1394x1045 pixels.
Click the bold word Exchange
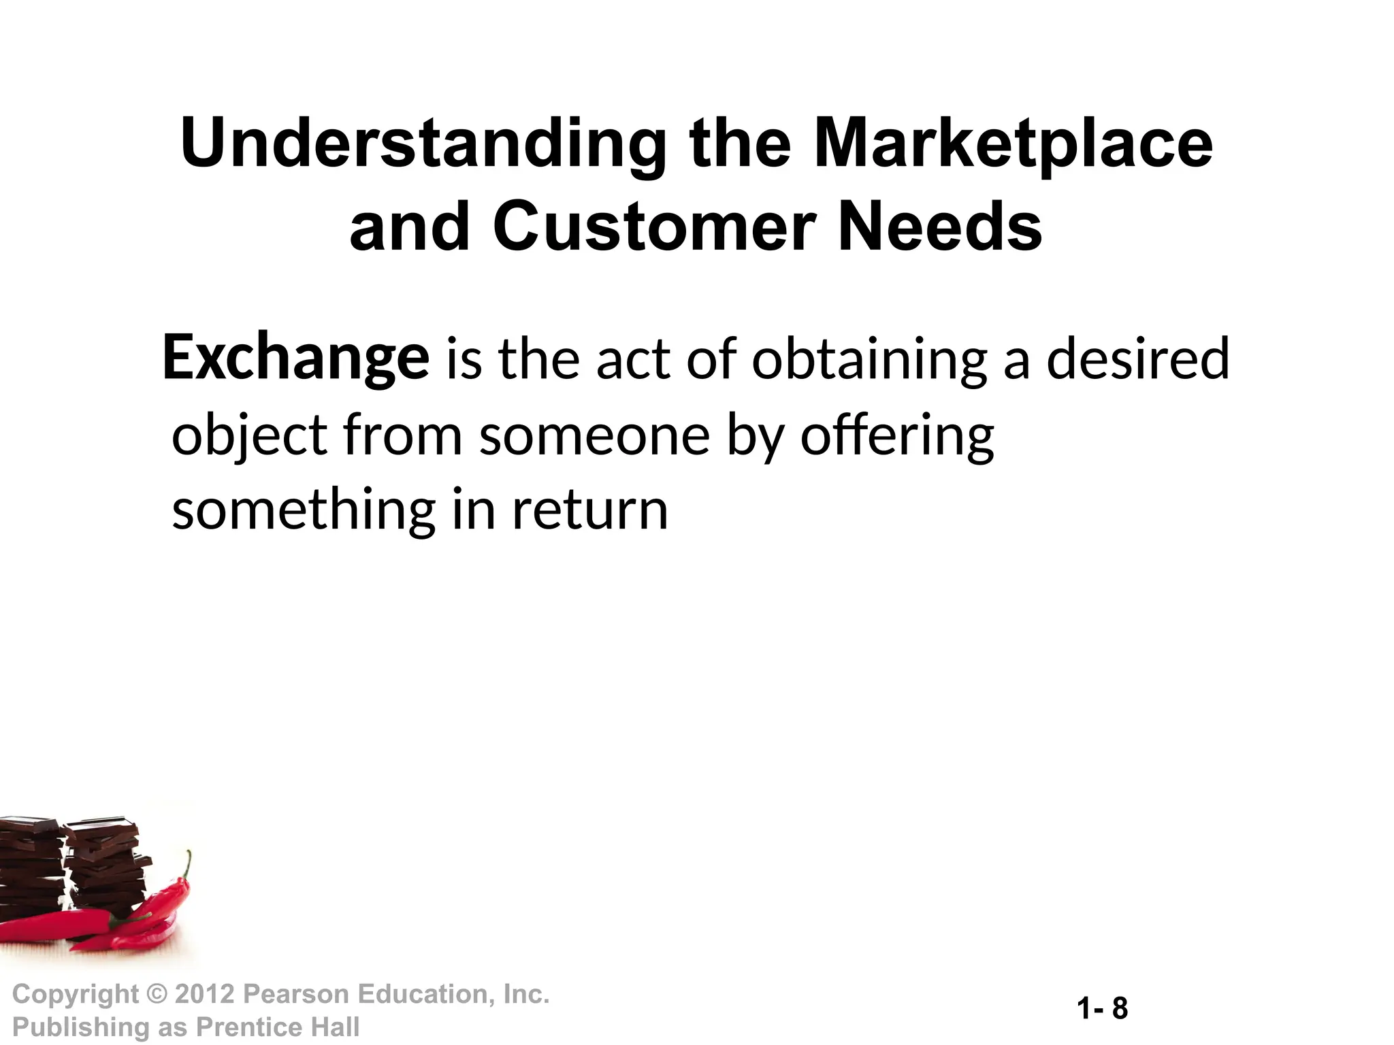coord(296,359)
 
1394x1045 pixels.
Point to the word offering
coord(897,435)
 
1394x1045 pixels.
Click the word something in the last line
coord(303,510)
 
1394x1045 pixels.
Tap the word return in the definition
coord(590,510)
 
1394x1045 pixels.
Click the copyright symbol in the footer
coord(157,995)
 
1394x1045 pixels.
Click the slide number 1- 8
coord(1103,1008)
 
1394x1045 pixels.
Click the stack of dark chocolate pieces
coord(102,871)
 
